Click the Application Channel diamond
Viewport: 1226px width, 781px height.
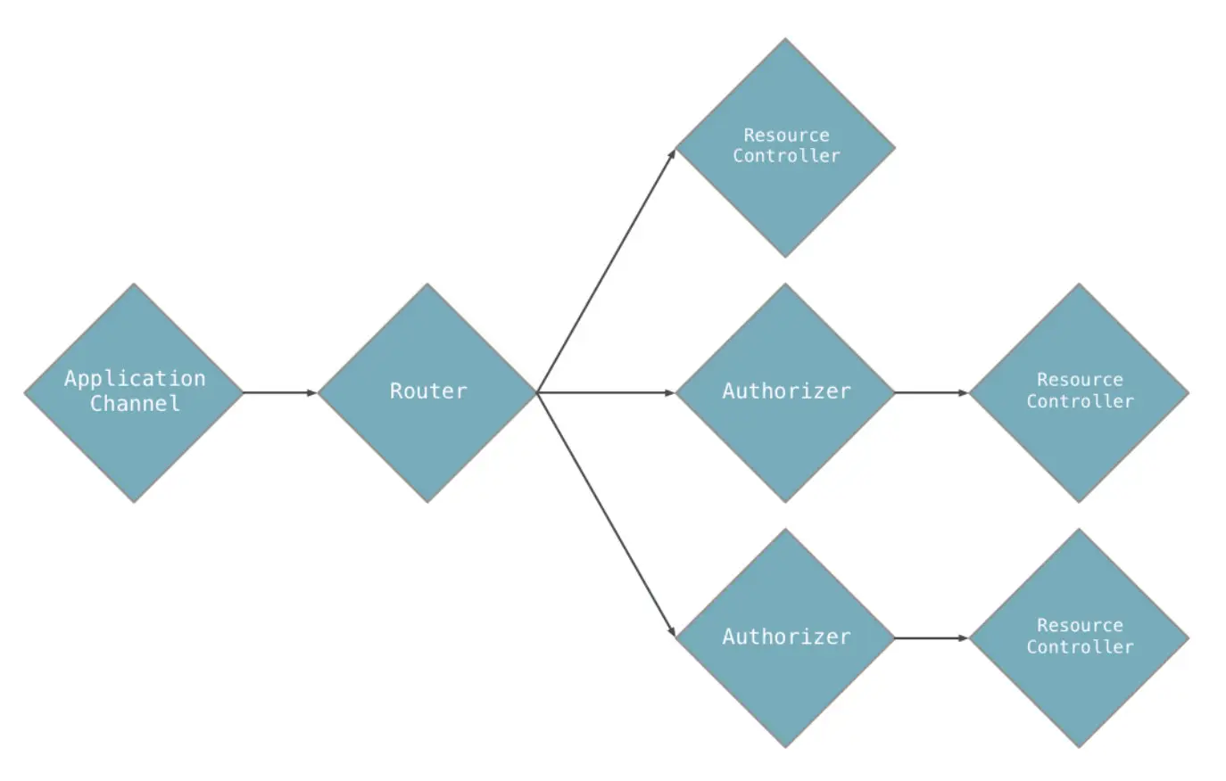[x=134, y=392]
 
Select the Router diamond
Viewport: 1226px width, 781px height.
[x=427, y=392]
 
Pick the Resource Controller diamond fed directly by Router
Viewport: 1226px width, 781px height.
[x=785, y=148]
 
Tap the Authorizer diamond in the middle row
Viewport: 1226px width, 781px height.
[x=785, y=392]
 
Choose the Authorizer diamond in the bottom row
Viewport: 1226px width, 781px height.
[x=785, y=637]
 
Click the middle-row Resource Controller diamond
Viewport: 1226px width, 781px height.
[x=1080, y=392]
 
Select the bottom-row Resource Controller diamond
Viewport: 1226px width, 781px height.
[x=1080, y=637]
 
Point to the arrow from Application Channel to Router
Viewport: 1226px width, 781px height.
[x=280, y=392]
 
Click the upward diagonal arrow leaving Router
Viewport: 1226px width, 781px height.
[x=607, y=270]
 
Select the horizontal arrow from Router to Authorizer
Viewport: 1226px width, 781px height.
[x=606, y=392]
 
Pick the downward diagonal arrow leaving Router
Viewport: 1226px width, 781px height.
[x=607, y=515]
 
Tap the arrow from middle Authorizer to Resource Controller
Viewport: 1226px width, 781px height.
[x=932, y=392]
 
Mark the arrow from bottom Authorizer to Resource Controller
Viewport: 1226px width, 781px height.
[x=932, y=637]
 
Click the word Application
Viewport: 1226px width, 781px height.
[x=135, y=379]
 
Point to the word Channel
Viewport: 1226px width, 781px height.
[x=135, y=404]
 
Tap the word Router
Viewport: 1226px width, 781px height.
[x=428, y=391]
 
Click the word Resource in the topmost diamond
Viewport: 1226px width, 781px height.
[x=786, y=136]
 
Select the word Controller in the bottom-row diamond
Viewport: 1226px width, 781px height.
[x=1080, y=647]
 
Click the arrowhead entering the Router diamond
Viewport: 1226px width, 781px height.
[x=312, y=392]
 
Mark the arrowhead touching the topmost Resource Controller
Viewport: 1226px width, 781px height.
[x=673, y=155]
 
